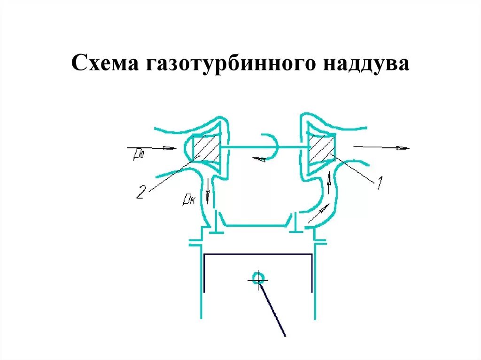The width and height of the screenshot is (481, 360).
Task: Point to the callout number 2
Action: point(141,191)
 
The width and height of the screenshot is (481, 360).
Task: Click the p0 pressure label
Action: point(138,153)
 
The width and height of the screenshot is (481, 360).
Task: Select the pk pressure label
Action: point(189,200)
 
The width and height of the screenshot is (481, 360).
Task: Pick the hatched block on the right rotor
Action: point(321,147)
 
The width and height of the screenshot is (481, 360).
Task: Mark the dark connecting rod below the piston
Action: point(272,310)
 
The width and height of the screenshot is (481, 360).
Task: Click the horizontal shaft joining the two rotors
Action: point(263,149)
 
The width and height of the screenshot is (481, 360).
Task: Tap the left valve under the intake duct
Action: point(216,224)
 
